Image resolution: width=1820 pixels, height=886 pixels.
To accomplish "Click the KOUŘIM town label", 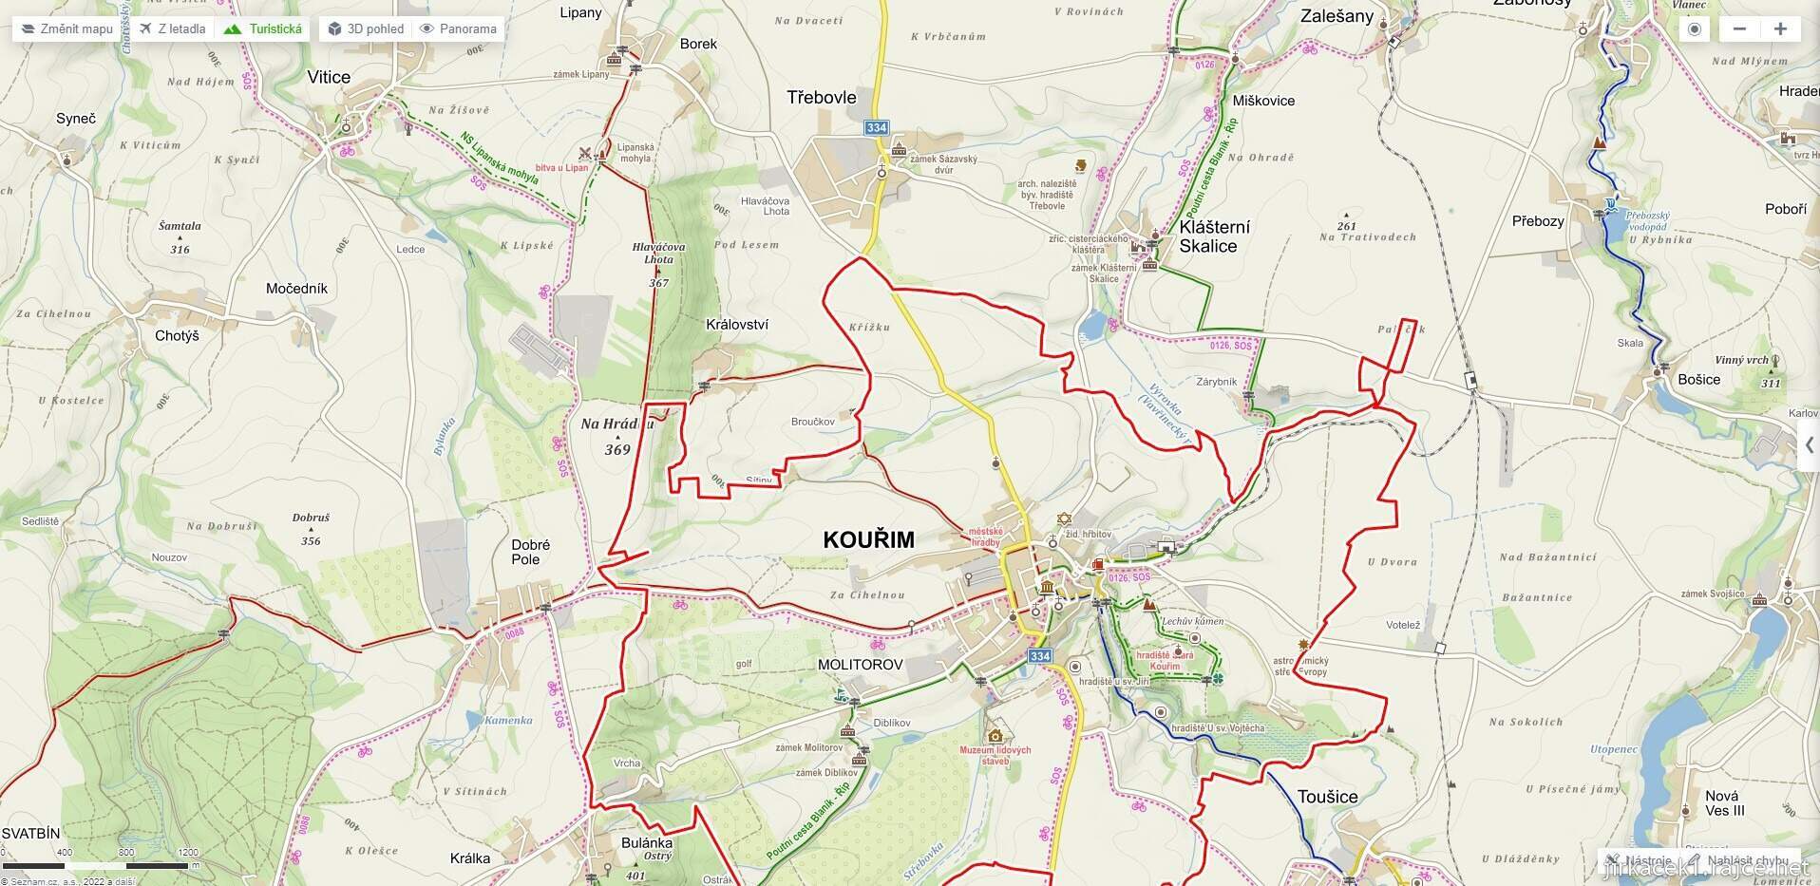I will coord(868,539).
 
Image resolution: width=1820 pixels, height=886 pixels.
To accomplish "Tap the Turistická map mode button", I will coord(264,28).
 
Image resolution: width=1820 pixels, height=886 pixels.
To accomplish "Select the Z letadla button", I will coord(172,28).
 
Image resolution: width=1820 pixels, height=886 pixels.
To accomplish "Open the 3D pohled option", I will coord(366,28).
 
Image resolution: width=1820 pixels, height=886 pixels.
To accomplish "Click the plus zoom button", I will coord(1780,28).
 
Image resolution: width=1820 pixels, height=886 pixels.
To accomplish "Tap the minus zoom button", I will coord(1739,28).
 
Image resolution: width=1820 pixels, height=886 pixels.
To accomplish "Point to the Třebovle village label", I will coord(822,97).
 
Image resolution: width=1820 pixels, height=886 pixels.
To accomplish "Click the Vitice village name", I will coord(329,77).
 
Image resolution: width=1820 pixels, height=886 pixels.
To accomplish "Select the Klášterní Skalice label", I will coord(1213,236).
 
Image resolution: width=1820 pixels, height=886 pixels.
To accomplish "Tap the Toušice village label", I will coord(1327,797).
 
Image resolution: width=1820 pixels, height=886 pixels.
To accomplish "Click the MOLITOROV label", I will coord(860,665).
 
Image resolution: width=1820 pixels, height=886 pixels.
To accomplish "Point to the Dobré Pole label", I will coord(530,552).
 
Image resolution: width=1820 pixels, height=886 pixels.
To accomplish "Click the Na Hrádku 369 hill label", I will coord(617,437).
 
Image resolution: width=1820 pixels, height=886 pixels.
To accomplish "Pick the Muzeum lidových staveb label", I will coord(995,755).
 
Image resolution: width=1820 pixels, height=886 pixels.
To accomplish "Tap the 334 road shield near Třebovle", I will coord(876,127).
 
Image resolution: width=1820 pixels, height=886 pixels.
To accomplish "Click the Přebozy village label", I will coord(1537,220).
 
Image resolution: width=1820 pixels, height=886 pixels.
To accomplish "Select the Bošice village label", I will coord(1698,379).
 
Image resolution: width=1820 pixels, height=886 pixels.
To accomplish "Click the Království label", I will coord(737,324).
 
